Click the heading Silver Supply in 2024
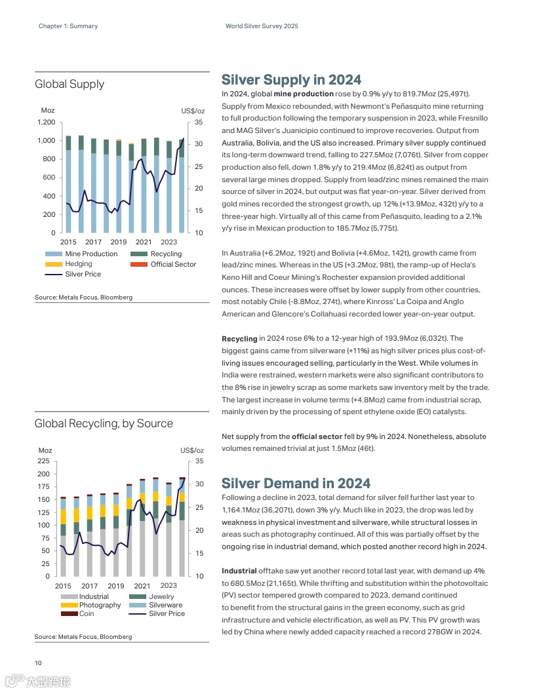click(x=291, y=80)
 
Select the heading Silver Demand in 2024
click(x=296, y=484)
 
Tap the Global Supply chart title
click(x=69, y=84)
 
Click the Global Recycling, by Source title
click(x=104, y=423)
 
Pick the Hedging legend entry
click(x=78, y=264)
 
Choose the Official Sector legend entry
click(x=173, y=264)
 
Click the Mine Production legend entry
click(x=90, y=254)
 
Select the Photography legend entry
click(x=100, y=605)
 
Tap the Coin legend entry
click(x=87, y=614)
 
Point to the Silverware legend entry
click(x=165, y=605)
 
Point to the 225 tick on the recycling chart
click(x=44, y=461)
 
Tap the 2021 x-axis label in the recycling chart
click(x=142, y=586)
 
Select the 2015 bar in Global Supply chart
click(x=68, y=184)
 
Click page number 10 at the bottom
click(x=39, y=662)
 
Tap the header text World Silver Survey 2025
click(x=262, y=26)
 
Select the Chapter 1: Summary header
click(x=68, y=26)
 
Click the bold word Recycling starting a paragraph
click(x=239, y=339)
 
